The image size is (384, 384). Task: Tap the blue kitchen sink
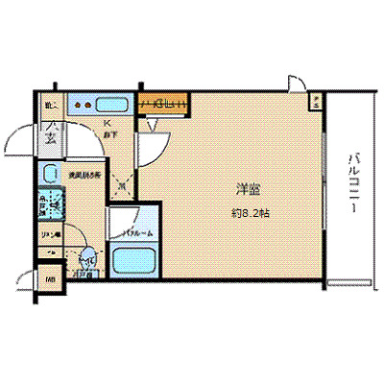(113, 103)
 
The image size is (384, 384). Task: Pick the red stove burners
(82, 103)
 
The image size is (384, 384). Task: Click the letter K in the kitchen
(108, 125)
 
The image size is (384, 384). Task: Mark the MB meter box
(49, 280)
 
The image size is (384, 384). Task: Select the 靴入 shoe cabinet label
(50, 104)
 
